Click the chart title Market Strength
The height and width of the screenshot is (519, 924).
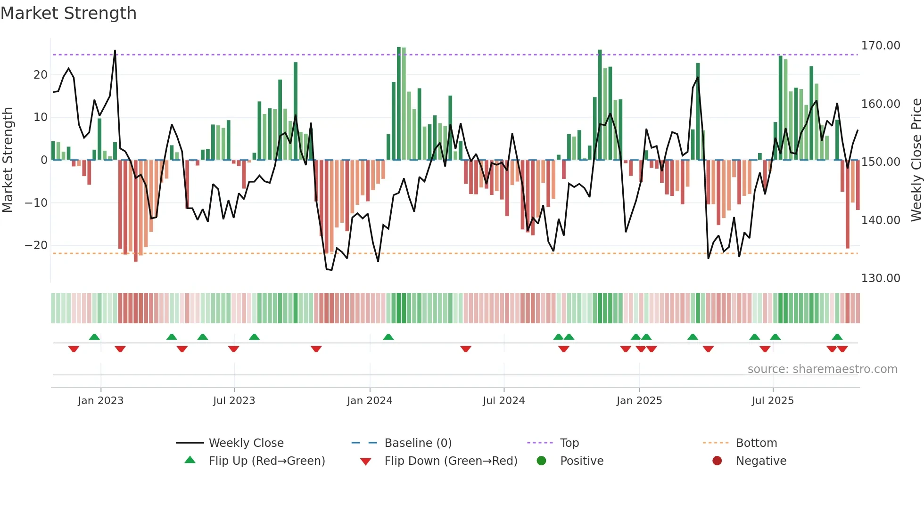click(68, 13)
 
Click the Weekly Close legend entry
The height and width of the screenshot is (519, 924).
click(246, 443)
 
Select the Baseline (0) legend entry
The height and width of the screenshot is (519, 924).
click(418, 443)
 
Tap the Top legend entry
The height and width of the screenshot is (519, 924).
click(569, 443)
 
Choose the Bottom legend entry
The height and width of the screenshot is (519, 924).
click(756, 443)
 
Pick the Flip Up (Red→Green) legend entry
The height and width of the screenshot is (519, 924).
click(266, 461)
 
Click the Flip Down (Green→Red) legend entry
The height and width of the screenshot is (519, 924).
click(450, 461)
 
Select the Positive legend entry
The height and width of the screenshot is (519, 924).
click(581, 461)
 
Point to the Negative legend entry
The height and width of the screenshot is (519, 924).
click(761, 461)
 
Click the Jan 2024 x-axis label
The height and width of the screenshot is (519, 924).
click(370, 400)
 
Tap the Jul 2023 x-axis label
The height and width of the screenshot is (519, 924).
click(234, 400)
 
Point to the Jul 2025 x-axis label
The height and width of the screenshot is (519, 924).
click(773, 400)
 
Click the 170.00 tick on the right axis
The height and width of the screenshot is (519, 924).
click(880, 46)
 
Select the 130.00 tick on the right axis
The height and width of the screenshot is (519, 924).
click(880, 278)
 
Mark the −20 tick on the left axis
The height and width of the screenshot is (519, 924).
click(36, 245)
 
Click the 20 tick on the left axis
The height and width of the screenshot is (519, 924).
click(41, 75)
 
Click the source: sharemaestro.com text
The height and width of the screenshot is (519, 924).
click(822, 369)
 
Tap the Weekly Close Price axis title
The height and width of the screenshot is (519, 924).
click(916, 160)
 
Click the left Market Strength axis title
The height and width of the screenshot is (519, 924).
click(8, 160)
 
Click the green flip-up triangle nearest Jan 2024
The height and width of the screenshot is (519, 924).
click(388, 337)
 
